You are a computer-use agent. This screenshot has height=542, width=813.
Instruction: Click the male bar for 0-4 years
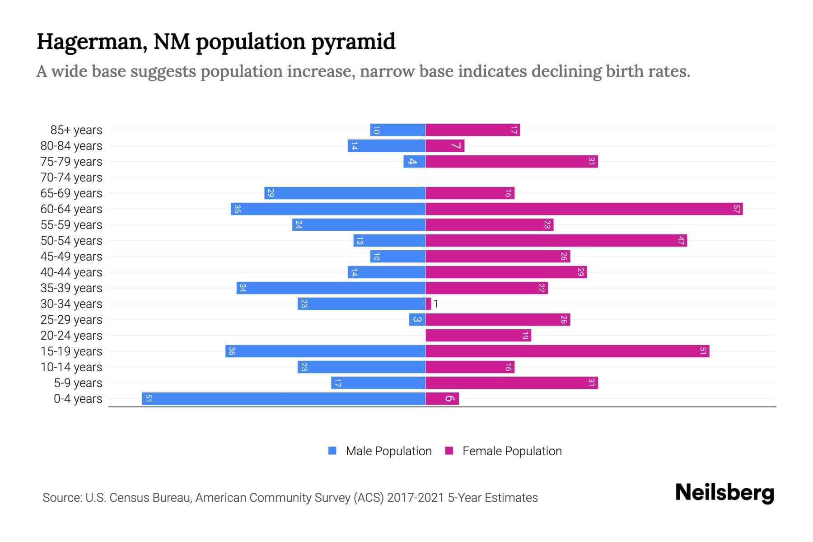[284, 398]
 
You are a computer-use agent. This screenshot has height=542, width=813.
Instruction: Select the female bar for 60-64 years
[584, 209]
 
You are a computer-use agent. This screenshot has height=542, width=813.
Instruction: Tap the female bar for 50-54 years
[556, 240]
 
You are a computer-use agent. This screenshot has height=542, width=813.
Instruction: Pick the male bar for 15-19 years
[325, 351]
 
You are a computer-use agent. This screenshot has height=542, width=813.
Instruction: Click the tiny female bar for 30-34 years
[428, 304]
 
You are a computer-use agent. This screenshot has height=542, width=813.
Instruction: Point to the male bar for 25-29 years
[417, 319]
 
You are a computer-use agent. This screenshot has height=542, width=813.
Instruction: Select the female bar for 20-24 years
[478, 335]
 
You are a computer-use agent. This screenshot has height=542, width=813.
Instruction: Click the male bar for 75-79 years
[414, 161]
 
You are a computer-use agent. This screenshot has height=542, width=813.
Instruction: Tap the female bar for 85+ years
[472, 130]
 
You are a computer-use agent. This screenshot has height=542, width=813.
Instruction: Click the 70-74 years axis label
[71, 178]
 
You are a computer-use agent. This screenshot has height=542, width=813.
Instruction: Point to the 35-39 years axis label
[71, 288]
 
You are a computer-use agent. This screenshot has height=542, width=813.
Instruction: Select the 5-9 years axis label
[78, 383]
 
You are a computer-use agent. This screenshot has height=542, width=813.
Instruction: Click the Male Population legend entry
[388, 451]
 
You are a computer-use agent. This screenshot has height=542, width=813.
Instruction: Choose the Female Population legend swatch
[449, 451]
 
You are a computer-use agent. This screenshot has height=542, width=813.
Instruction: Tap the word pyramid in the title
[353, 42]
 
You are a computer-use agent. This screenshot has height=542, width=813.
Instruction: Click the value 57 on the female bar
[736, 209]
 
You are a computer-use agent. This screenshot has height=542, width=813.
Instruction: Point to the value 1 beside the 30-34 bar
[436, 304]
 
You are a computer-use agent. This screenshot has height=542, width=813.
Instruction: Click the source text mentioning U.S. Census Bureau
[290, 497]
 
